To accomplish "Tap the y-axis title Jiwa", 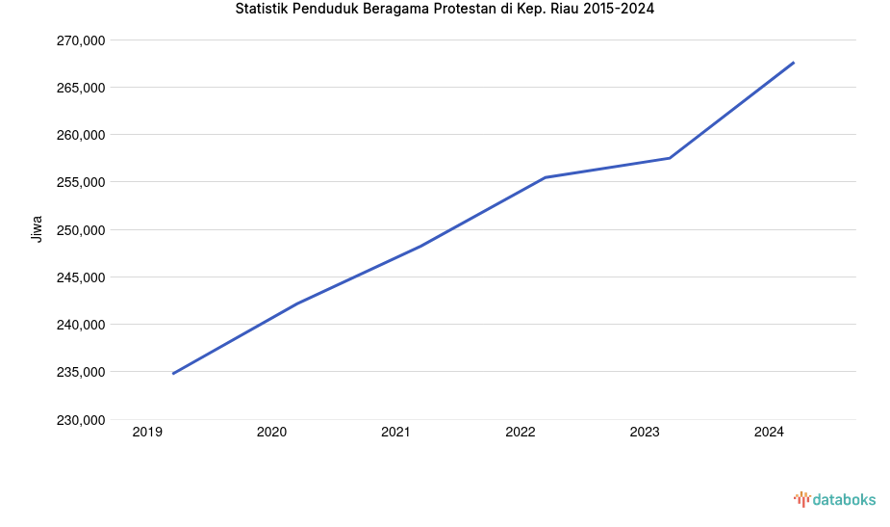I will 38,229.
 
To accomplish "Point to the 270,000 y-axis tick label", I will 82,40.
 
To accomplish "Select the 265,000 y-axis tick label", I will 82,88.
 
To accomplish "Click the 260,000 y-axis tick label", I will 82,135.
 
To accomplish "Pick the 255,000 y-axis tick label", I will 82,182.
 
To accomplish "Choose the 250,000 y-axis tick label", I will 82,230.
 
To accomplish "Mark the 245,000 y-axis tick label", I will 82,277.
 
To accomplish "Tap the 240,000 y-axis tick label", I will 82,325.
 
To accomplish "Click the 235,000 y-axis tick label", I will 82,372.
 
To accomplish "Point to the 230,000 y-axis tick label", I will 82,420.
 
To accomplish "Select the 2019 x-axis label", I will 147,433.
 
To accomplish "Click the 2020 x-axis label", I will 271,433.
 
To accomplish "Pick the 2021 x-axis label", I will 395,433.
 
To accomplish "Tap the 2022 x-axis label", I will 521,433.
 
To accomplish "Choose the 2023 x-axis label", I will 645,433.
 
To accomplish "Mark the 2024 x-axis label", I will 769,433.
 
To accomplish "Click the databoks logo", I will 834,499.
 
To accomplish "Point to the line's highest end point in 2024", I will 794,63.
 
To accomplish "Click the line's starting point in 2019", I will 173,374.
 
